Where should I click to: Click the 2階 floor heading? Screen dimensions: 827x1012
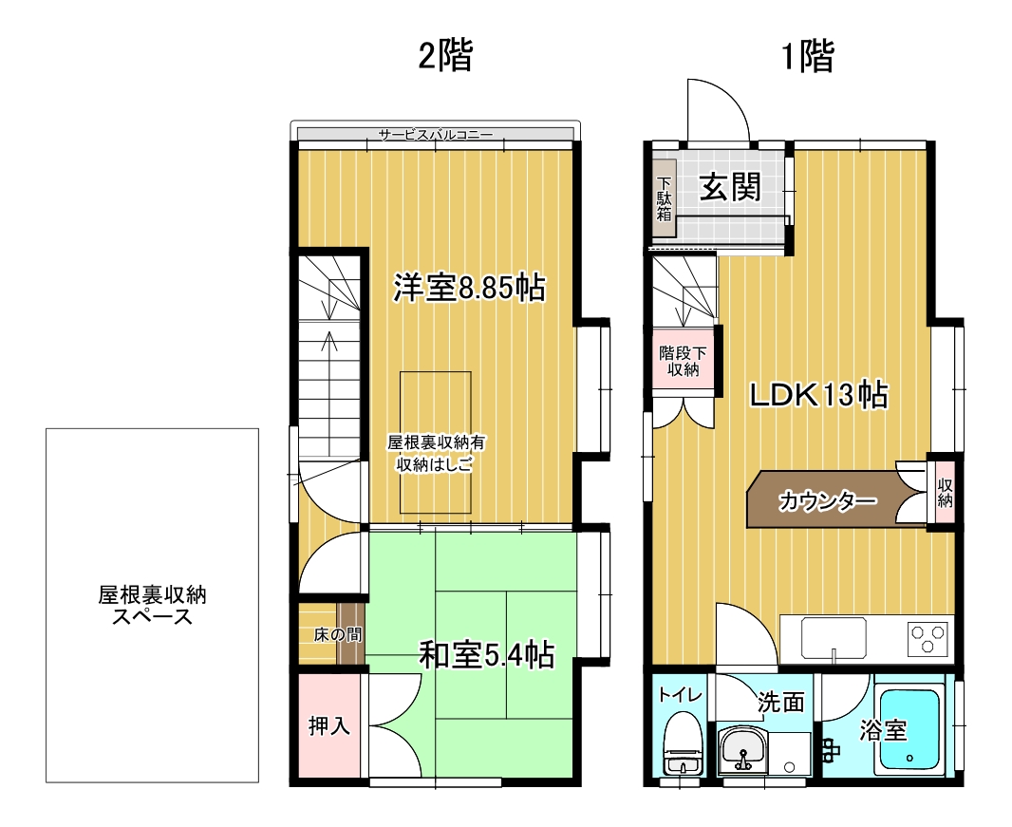445,57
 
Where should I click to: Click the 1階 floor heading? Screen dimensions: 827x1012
807,57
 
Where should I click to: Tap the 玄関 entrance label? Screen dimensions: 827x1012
730,187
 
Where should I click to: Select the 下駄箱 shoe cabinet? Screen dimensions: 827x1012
664,199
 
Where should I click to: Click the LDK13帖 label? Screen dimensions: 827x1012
818,395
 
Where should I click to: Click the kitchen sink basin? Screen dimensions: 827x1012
834,637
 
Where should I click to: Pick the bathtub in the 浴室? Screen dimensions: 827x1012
909,729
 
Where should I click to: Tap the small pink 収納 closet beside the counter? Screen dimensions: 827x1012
945,492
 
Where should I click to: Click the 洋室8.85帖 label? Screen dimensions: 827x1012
469,288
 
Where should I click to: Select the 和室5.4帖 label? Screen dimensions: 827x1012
486,655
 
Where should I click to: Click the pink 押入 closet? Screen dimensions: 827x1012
328,725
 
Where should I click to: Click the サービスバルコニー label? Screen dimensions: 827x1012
435,135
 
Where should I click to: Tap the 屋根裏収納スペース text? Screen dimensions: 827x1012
152,606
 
